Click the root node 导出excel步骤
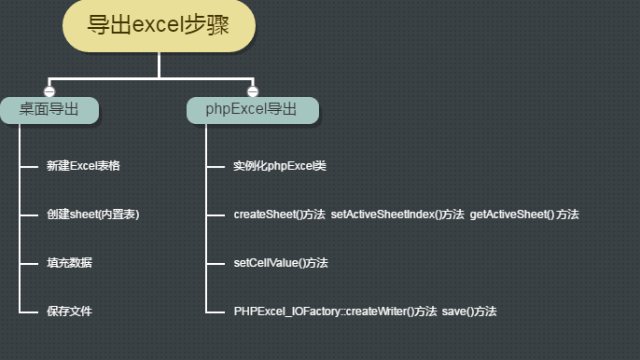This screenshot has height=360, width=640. (159, 25)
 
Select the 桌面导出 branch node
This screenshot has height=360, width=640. (49, 110)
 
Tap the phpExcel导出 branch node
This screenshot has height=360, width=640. (252, 110)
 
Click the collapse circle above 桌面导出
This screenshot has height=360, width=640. (49, 91)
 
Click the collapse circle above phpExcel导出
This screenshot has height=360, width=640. (252, 91)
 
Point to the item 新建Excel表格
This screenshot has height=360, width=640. (83, 166)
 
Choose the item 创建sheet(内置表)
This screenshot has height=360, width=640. (92, 215)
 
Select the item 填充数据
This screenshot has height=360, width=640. (69, 263)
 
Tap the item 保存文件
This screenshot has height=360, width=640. (69, 311)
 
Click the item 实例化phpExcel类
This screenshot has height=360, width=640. (280, 166)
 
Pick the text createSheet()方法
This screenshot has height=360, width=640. (279, 215)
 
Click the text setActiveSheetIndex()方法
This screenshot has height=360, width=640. (397, 215)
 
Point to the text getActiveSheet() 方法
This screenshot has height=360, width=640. (524, 215)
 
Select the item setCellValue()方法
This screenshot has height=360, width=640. (281, 263)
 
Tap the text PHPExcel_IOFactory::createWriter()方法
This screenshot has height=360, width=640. (335, 311)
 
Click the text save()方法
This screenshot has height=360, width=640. (469, 311)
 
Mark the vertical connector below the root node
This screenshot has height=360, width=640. (160, 64)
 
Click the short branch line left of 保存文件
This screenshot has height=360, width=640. (27, 312)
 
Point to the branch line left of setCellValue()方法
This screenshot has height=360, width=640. (215, 264)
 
